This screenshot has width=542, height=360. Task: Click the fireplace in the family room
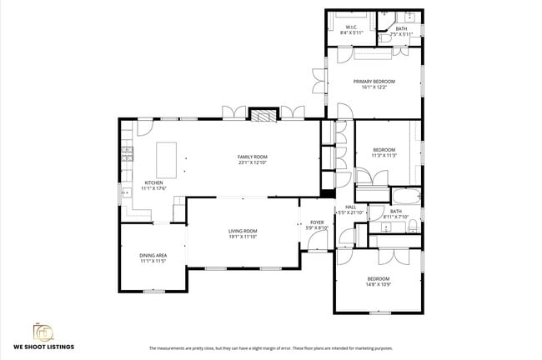click(x=263, y=116)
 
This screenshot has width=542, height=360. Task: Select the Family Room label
click(x=252, y=157)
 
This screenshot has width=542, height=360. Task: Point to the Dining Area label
click(x=153, y=256)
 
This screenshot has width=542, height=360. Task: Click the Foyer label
click(x=317, y=222)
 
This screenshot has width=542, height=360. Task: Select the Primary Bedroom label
click(x=374, y=81)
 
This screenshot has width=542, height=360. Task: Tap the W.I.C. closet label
click(x=351, y=27)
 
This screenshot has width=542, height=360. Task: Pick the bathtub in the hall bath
click(x=408, y=197)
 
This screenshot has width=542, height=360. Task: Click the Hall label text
click(x=350, y=207)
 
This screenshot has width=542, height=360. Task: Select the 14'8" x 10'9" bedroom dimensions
click(x=378, y=284)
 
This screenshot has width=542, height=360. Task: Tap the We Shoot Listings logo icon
click(x=43, y=331)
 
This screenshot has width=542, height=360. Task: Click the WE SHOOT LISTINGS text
click(x=43, y=346)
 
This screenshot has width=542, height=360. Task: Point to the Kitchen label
click(x=153, y=182)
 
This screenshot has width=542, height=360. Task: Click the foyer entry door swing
click(x=318, y=242)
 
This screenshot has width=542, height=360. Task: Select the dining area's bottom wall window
click(x=153, y=291)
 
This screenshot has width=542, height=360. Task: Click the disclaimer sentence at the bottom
click(x=270, y=347)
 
